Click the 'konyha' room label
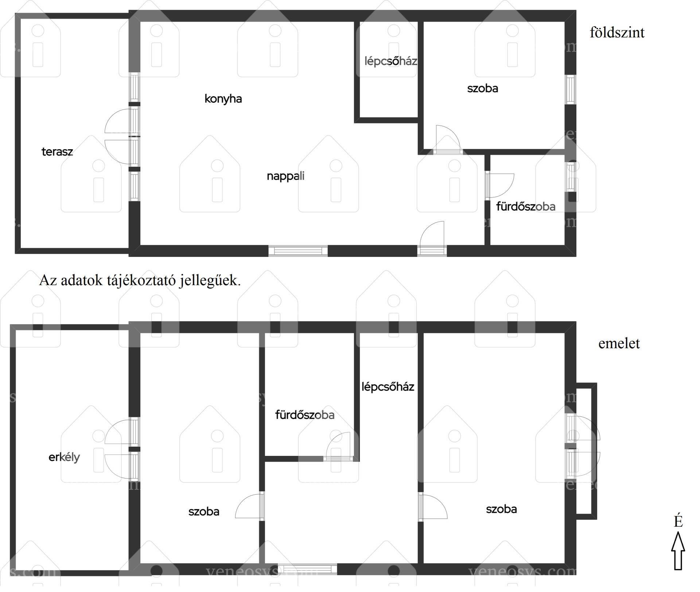(223, 99)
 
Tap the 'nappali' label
(285, 176)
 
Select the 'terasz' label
(57, 151)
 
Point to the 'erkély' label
(64, 457)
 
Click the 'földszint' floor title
(617, 32)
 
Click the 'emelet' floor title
(619, 343)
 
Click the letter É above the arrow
(678, 521)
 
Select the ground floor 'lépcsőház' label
(391, 61)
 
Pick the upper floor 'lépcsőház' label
(388, 387)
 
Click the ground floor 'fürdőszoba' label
(526, 207)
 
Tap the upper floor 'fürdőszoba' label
(305, 415)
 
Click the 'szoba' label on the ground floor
(483, 88)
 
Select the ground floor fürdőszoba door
(499, 186)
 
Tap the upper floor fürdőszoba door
(338, 447)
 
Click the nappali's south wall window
(298, 251)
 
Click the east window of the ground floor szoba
(571, 89)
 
